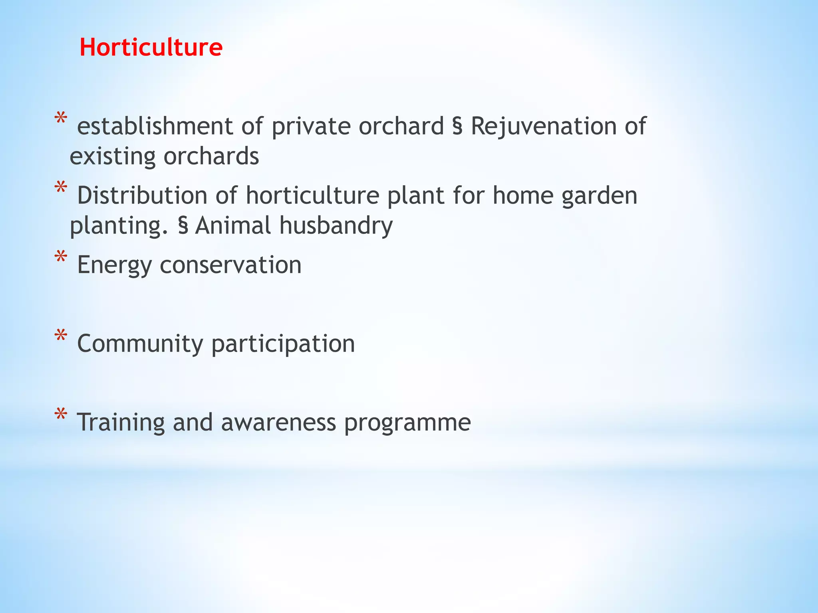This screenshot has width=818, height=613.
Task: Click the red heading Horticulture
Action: (x=151, y=47)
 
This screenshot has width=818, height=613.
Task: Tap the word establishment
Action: (x=155, y=127)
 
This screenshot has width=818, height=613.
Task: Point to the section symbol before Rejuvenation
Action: (x=457, y=127)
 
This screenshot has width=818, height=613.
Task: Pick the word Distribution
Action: (x=142, y=196)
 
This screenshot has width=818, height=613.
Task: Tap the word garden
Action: (x=599, y=196)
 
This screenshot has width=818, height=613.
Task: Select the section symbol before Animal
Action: (x=183, y=226)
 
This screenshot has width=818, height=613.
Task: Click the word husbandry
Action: (x=336, y=225)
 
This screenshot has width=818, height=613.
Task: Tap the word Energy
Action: (x=114, y=265)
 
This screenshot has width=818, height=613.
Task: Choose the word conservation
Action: (x=230, y=265)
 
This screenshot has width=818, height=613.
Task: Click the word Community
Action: (x=140, y=344)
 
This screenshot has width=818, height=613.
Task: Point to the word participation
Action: (x=283, y=344)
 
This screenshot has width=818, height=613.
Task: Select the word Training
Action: (x=121, y=423)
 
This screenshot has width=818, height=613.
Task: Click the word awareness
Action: (x=278, y=423)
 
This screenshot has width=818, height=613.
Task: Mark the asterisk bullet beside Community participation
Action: (x=61, y=336)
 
